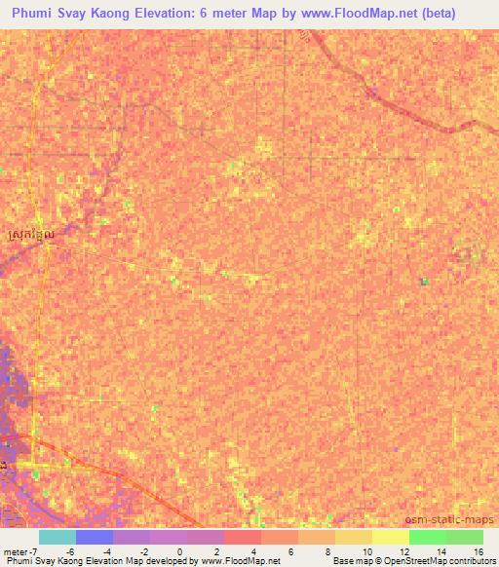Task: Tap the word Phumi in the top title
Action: click(x=34, y=14)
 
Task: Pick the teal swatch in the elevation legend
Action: click(x=58, y=537)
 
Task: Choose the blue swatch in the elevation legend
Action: click(x=95, y=537)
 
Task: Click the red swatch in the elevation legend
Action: click(x=243, y=537)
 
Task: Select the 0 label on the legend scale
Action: click(x=179, y=550)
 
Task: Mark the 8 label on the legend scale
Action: click(x=326, y=550)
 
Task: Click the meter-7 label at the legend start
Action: click(x=19, y=550)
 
